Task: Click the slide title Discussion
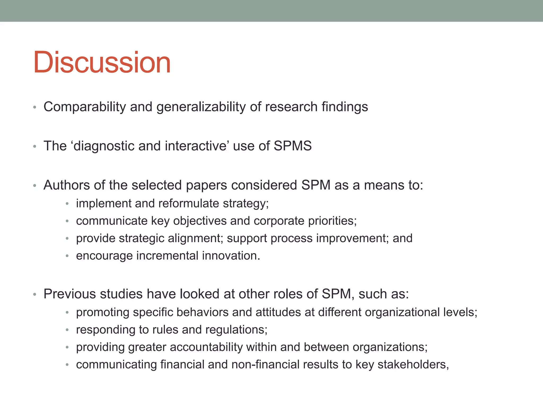pos(102,63)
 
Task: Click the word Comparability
pos(85,107)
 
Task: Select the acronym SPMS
pos(292,146)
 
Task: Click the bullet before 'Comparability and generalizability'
pos(34,108)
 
